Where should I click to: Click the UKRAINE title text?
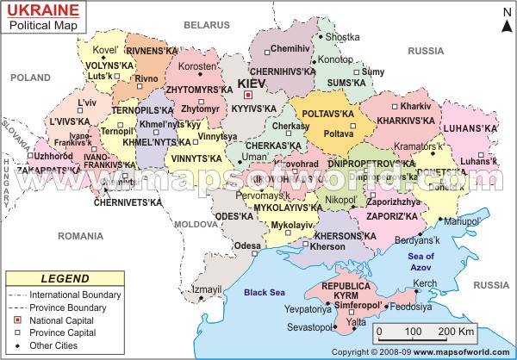pos(40,10)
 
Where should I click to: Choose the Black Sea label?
pos(265,293)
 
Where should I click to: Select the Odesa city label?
pos(246,245)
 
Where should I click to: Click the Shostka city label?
pos(342,36)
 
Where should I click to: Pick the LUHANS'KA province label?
pos(472,128)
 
